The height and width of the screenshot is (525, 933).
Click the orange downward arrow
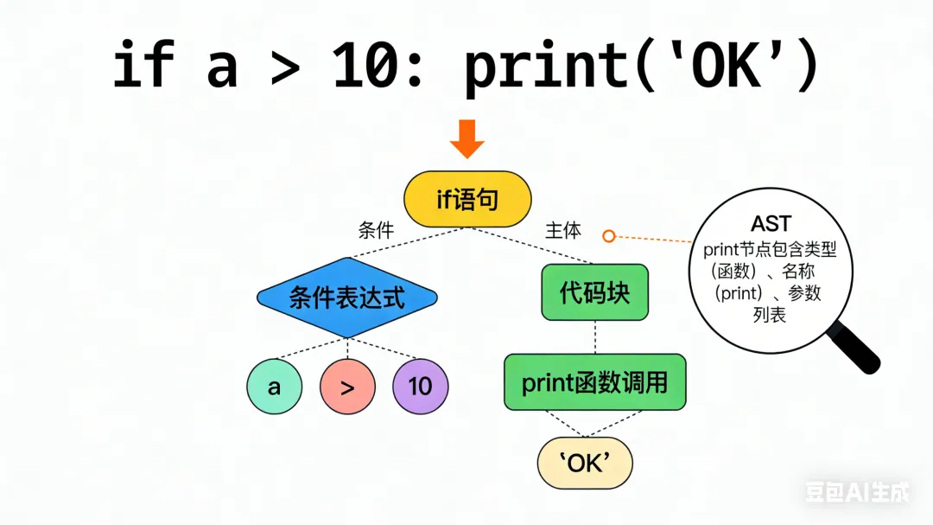pos(467,138)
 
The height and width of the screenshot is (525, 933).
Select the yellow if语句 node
pos(467,201)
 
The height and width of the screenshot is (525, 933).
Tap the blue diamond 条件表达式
pos(346,298)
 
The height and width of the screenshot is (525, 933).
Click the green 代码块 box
pos(594,292)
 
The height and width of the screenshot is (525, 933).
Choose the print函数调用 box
pos(594,381)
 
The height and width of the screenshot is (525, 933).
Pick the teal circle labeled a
pos(275,386)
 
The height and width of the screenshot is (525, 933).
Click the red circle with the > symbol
pos(347,386)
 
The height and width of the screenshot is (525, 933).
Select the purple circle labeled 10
pos(421,386)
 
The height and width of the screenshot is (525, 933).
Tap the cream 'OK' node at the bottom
pos(585,463)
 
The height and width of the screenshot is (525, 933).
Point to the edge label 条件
pos(376,231)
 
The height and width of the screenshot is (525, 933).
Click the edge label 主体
pos(563,231)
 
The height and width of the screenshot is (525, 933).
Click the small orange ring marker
pos(609,236)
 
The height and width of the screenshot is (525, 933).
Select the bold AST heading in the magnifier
pos(771,225)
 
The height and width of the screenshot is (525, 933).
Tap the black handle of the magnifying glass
pos(856,350)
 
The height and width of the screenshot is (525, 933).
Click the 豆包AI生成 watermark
pos(857,492)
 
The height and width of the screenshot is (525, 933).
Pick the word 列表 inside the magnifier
pos(770,316)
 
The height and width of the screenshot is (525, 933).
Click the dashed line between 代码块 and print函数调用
pos(594,336)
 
